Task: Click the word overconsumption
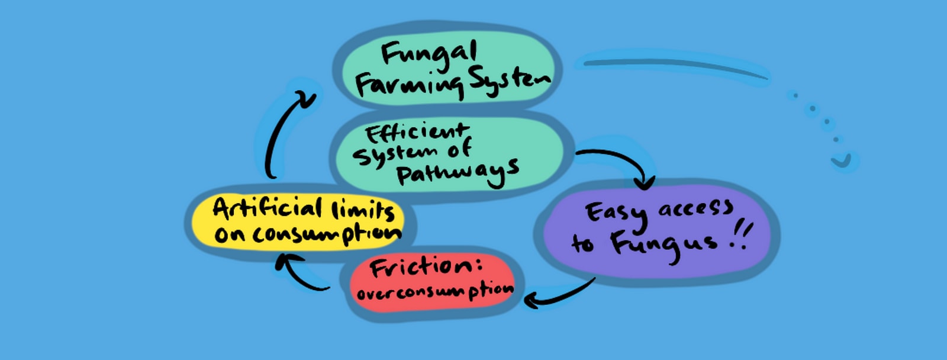435,292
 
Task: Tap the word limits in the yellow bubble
363,210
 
